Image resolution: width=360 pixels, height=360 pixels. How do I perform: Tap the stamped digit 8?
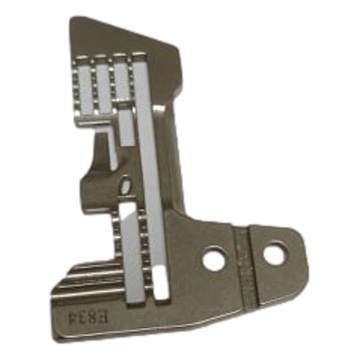click(90, 315)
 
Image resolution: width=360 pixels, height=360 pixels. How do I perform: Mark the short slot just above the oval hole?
click(126, 128)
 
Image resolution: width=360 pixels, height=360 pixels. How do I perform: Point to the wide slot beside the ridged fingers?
click(132, 251)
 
